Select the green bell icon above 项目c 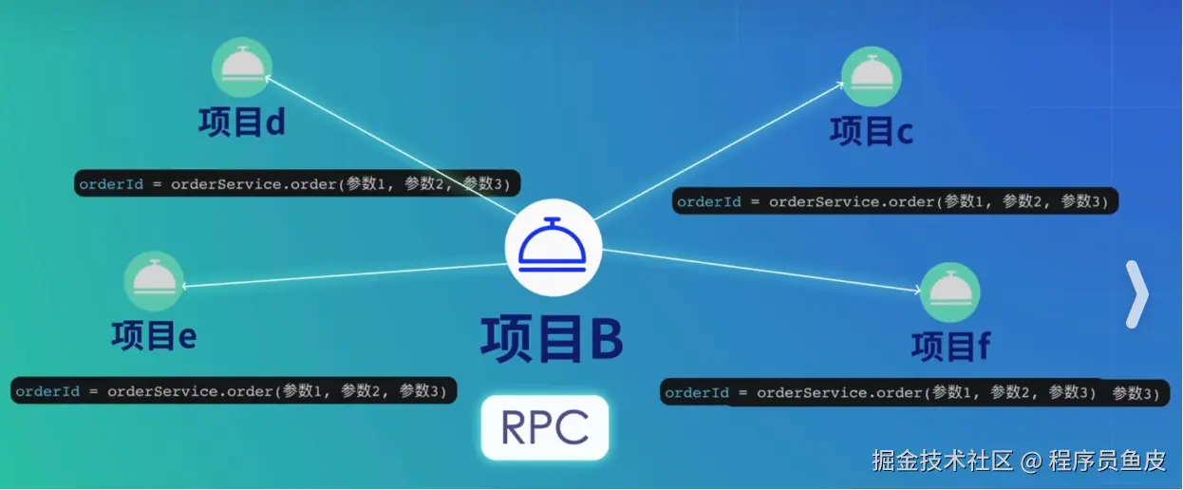tap(870, 76)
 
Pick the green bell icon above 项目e tap(153, 280)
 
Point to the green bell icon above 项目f tap(948, 292)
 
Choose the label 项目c tap(871, 131)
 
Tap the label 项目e tap(153, 335)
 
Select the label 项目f tap(950, 347)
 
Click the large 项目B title tap(552, 339)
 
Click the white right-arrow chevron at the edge tap(1136, 294)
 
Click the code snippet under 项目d tap(297, 183)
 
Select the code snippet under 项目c tap(895, 201)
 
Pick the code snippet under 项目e tap(234, 390)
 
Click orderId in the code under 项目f tap(697, 392)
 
